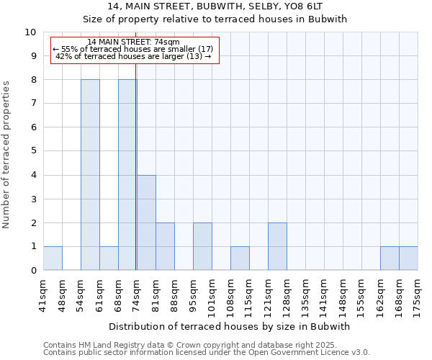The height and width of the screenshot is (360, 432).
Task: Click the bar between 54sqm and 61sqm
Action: point(90,175)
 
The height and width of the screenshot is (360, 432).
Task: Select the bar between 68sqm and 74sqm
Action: point(127,175)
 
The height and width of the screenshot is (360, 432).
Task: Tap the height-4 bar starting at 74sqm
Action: point(146,222)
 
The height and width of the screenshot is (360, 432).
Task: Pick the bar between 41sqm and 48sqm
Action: point(53,258)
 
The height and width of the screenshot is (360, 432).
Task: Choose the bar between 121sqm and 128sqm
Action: point(277,246)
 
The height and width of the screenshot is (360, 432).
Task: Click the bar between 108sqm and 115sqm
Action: point(240,258)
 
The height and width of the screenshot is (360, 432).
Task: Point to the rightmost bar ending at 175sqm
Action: point(408,258)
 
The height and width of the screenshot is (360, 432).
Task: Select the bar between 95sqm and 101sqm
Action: point(202,246)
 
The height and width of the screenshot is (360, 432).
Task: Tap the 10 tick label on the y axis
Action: point(30,32)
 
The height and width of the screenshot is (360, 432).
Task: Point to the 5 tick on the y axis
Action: point(33,151)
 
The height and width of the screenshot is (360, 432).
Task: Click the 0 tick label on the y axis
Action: point(33,271)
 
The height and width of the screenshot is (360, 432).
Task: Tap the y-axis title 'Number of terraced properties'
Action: point(7,155)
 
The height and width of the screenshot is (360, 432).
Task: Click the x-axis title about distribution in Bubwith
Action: point(230,326)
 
